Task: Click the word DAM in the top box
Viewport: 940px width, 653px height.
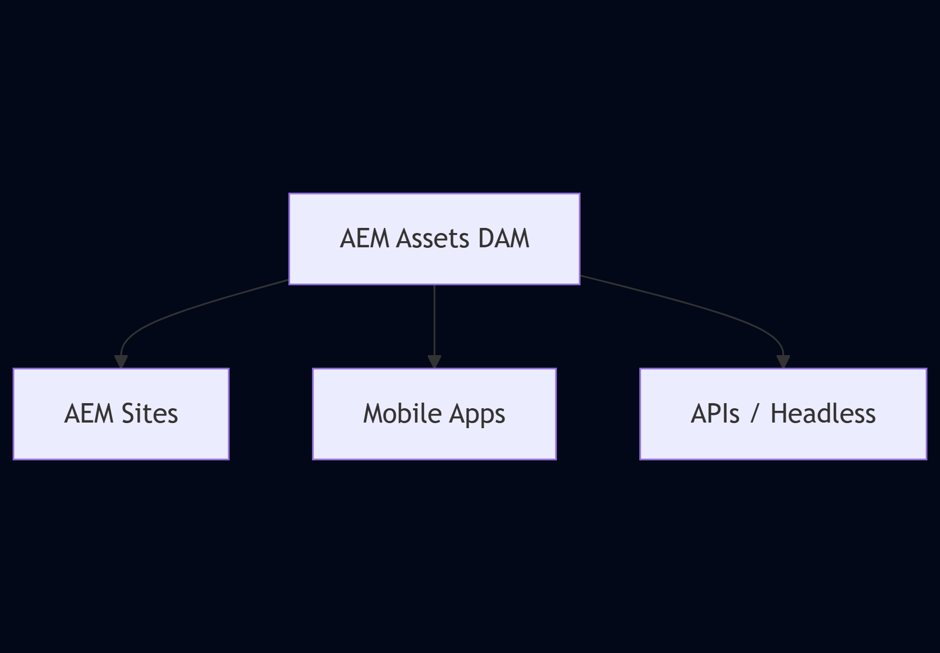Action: (x=503, y=239)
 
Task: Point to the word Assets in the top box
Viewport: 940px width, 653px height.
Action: (x=432, y=239)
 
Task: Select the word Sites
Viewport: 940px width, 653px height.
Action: (x=150, y=414)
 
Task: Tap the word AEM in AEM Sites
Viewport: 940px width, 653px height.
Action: (x=88, y=414)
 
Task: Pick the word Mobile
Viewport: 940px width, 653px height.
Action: (x=402, y=414)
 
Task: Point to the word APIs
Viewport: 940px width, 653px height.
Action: (x=715, y=414)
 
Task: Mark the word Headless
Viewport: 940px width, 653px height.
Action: (x=823, y=414)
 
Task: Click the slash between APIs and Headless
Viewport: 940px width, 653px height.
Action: (x=755, y=414)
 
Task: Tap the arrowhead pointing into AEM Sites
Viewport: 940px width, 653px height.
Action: (x=121, y=361)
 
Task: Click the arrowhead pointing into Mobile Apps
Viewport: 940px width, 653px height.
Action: (x=434, y=361)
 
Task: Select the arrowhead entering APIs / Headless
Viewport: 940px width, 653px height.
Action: (x=783, y=361)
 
